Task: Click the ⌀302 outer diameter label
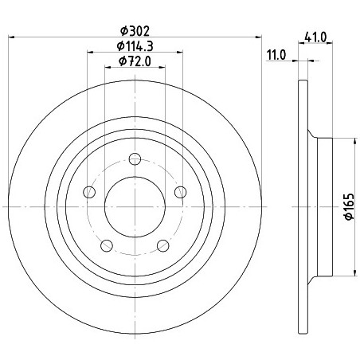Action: [x=135, y=31]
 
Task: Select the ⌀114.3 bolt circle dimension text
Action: [x=135, y=46]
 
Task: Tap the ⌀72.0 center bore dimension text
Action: [x=135, y=61]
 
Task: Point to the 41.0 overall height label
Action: [x=315, y=37]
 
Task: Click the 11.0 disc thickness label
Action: [x=276, y=55]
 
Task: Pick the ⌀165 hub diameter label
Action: [x=349, y=206]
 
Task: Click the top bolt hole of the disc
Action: [x=135, y=159]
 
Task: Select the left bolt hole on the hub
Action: [x=89, y=192]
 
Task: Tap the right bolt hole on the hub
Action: [x=181, y=192]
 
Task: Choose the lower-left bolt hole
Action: [x=107, y=245]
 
